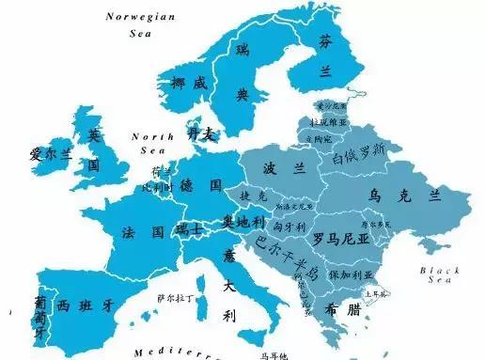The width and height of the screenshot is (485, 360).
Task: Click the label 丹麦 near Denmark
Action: coord(201,134)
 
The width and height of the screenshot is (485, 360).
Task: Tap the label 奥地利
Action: coord(242,221)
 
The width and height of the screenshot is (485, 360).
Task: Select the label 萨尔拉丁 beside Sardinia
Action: coord(175,297)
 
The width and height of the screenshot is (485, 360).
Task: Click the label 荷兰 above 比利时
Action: coord(161,171)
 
